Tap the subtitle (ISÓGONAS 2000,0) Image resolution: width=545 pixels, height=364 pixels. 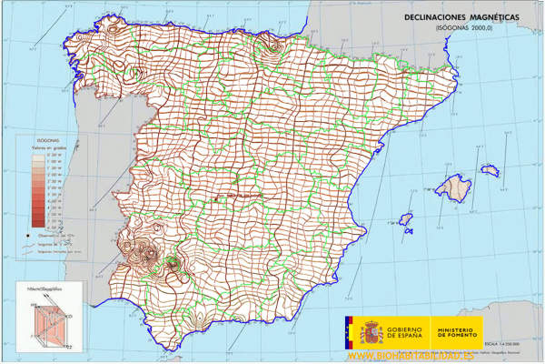(468, 28)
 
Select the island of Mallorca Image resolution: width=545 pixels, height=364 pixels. (453, 188)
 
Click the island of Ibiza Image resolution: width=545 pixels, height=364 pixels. (404, 220)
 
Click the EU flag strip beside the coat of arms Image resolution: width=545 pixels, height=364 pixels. (347, 331)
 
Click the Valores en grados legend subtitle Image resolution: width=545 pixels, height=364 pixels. (45, 149)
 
